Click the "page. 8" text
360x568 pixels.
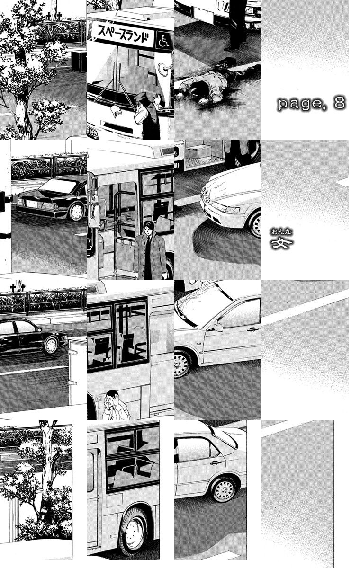[x=312, y=103]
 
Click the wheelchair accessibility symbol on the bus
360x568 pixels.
[x=163, y=40]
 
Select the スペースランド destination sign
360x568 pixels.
[x=123, y=35]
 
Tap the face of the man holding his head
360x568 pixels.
[x=111, y=397]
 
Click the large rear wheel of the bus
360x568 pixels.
[x=134, y=531]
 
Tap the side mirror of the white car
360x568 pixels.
[x=218, y=327]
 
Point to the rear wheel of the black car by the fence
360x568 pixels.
[x=76, y=212]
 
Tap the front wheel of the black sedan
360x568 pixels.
[x=51, y=346]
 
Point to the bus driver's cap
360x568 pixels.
[x=140, y=96]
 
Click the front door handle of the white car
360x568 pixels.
[x=252, y=329]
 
